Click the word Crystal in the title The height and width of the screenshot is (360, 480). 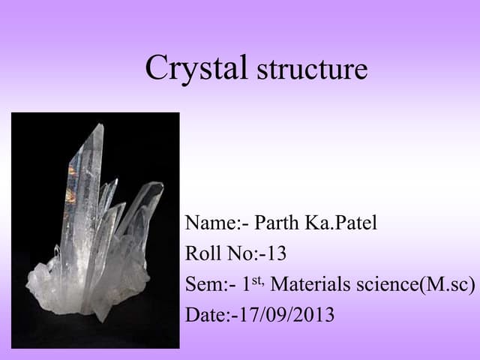click(196, 67)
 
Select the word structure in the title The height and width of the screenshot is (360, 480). click(312, 70)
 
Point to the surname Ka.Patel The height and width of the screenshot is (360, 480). click(344, 223)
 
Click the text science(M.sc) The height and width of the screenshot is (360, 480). click(418, 286)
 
